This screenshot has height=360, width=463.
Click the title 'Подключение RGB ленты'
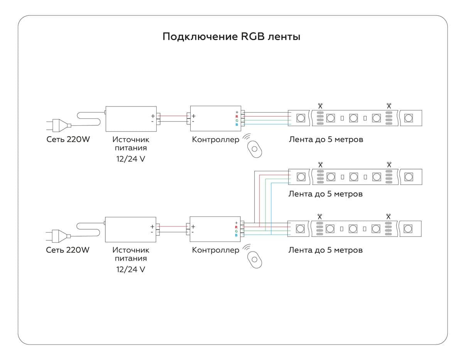click(231, 37)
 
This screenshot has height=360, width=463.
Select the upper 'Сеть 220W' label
click(68, 139)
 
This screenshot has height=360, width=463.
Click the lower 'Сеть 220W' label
click(68, 250)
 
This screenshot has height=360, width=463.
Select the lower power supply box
click(130, 229)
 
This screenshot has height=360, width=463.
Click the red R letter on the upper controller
click(237, 116)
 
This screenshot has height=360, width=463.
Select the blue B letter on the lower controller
click(237, 235)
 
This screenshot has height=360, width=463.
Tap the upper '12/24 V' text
click(131, 159)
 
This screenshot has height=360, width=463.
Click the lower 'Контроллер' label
click(215, 250)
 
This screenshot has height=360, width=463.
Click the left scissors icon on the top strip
click(320, 105)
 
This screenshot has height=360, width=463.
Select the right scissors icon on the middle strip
click(389, 164)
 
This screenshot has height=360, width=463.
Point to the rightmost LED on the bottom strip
click(408, 229)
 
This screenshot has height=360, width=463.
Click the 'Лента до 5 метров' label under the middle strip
click(325, 194)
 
